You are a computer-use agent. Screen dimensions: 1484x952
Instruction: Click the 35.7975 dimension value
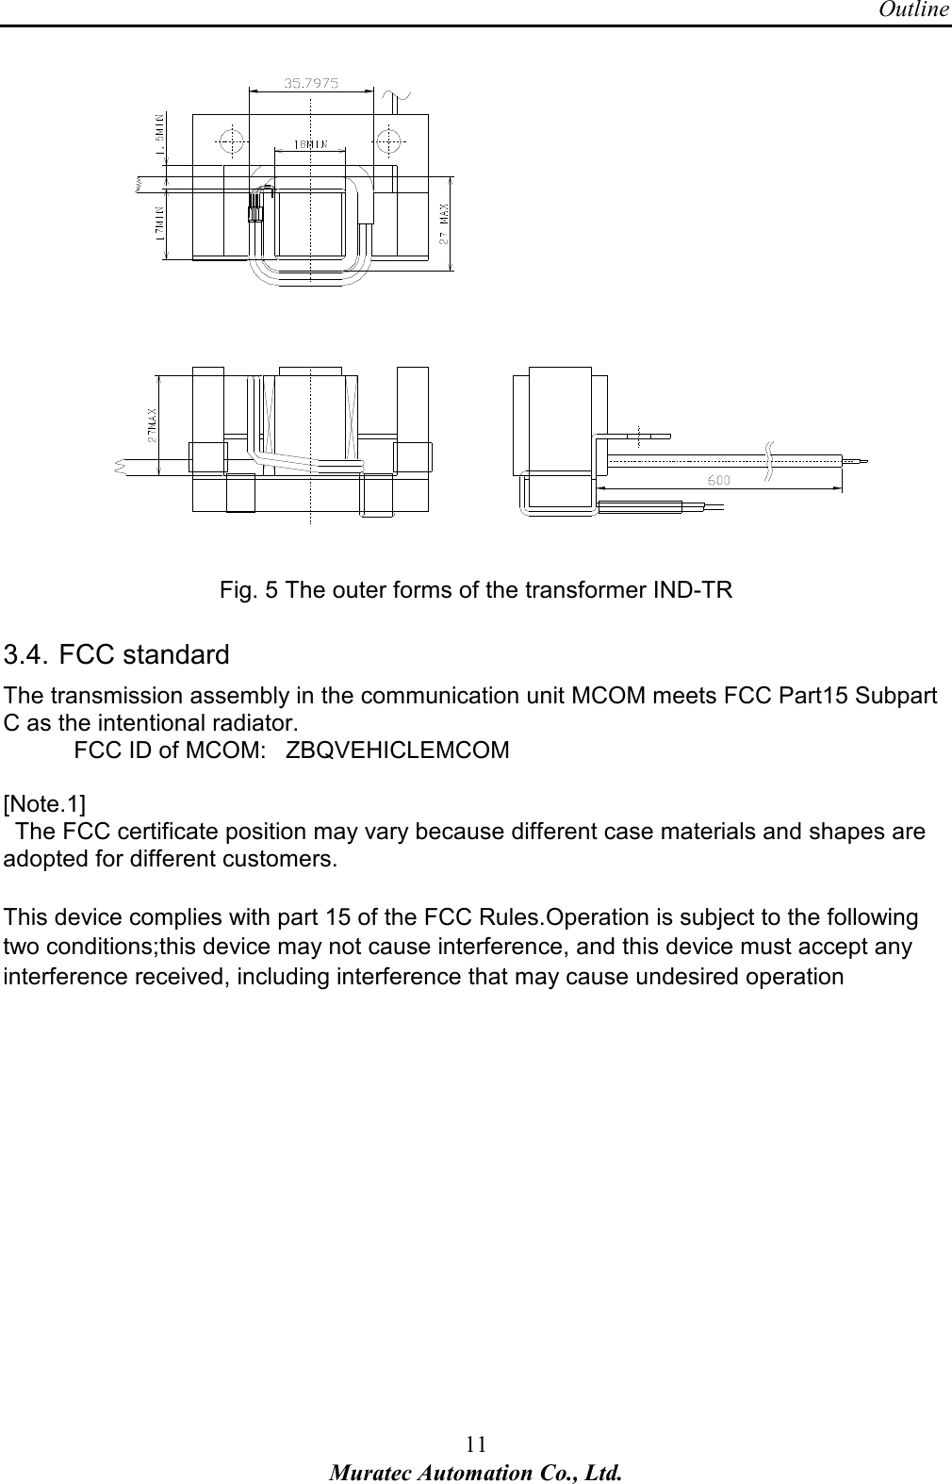point(312,83)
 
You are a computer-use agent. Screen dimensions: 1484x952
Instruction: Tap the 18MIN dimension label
point(310,145)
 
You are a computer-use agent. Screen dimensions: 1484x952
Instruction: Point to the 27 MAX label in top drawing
point(443,223)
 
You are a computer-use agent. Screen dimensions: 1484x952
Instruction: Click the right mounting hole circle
point(388,140)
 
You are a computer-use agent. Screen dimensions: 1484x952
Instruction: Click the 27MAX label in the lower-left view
point(151,424)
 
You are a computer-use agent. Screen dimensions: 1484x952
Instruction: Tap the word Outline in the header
point(913,10)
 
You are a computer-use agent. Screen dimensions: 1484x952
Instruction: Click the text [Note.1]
point(43,804)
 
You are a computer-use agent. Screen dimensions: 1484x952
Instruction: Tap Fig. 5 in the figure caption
point(249,591)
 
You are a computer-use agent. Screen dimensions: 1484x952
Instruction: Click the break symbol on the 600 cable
point(768,460)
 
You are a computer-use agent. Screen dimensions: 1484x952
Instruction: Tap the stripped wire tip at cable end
point(856,461)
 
